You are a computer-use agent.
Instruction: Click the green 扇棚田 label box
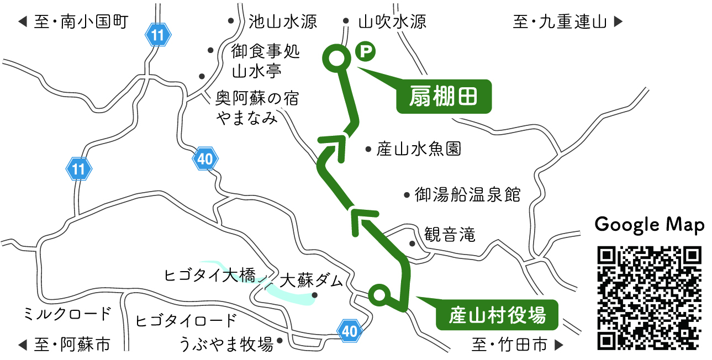point(444,97)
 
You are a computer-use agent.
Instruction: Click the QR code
point(650,299)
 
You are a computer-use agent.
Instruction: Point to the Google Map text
point(650,225)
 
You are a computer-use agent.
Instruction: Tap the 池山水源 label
point(282,22)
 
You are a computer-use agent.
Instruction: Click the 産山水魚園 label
point(419,149)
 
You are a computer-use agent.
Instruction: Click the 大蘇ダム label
point(312,280)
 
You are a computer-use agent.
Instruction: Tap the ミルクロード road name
point(67,315)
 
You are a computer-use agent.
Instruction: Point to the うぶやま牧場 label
point(226,345)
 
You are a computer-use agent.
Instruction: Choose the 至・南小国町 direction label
point(73,22)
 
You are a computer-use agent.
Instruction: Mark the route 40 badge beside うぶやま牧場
point(350,331)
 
